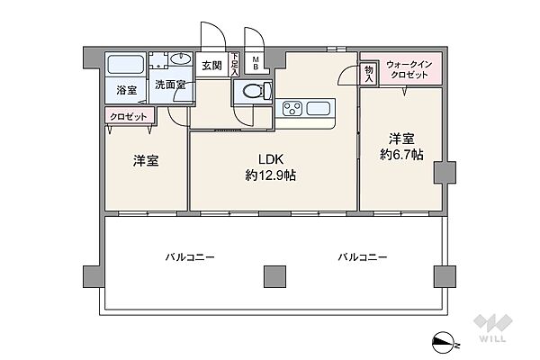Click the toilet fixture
pyautogui.click(x=251, y=90)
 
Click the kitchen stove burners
pyautogui.click(x=292, y=110)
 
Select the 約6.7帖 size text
pyautogui.click(x=401, y=154)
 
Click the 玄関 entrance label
pyautogui.click(x=211, y=65)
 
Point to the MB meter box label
pyautogui.click(x=256, y=65)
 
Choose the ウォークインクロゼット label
pyautogui.click(x=409, y=70)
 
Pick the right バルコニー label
pyautogui.click(x=363, y=257)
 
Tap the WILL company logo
pyautogui.click(x=494, y=328)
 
